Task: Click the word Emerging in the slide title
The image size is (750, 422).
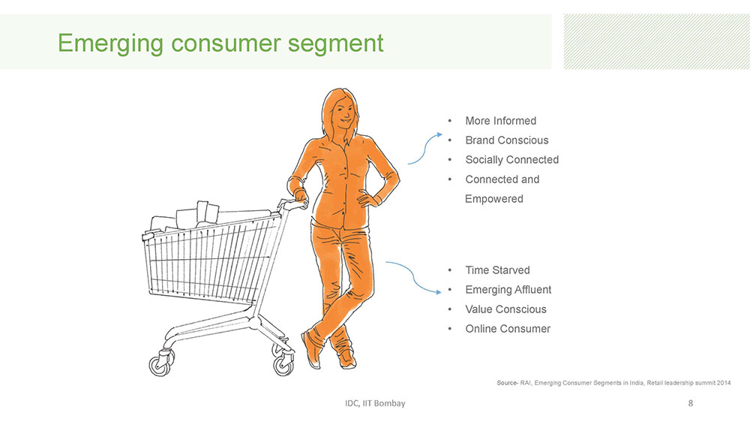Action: [x=110, y=44]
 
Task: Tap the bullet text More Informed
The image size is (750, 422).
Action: [x=501, y=121]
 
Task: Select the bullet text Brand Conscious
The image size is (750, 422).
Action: [x=507, y=140]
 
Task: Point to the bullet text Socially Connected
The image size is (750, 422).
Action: [x=512, y=160]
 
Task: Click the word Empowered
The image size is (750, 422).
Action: [x=494, y=199]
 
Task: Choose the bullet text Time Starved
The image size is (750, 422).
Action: [x=497, y=270]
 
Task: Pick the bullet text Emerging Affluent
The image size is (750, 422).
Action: [x=508, y=290]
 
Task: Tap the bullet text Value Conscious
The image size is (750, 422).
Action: [x=506, y=309]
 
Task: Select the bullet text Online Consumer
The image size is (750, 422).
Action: [x=508, y=329]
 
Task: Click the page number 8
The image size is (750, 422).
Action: [x=690, y=403]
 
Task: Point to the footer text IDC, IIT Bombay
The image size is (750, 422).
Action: [x=375, y=403]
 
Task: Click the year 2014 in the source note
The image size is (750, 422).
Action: [x=724, y=383]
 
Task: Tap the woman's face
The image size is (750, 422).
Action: [x=342, y=113]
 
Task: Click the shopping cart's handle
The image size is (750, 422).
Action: [x=292, y=206]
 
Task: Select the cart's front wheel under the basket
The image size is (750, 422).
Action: [x=160, y=364]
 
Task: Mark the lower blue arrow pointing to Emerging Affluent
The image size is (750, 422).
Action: [x=414, y=278]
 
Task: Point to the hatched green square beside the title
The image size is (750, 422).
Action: [x=657, y=41]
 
